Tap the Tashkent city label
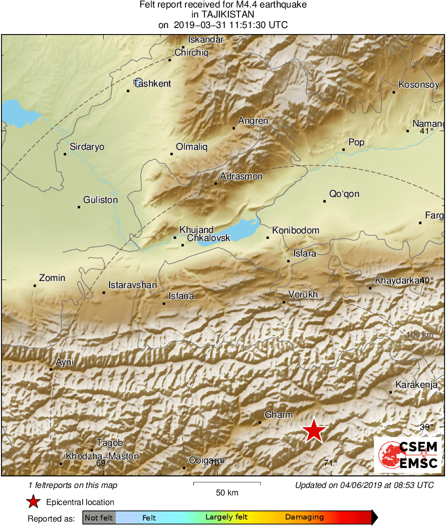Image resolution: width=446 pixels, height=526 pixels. click(x=152, y=84)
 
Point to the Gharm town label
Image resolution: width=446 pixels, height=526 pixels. click(x=278, y=415)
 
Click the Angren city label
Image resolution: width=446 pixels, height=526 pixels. click(x=253, y=121)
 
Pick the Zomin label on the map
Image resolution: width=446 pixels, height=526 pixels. click(x=52, y=278)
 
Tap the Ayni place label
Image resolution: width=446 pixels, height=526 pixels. click(x=65, y=362)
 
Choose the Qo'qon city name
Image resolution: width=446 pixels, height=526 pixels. click(x=344, y=194)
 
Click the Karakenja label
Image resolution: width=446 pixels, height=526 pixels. click(x=416, y=385)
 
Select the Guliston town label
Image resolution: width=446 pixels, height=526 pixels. click(x=100, y=200)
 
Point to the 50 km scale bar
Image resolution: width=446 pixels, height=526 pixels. click(x=227, y=483)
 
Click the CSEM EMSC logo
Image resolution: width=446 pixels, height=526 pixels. click(x=408, y=455)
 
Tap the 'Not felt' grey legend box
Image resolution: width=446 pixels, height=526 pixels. click(x=99, y=517)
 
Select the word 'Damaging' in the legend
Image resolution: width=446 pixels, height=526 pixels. click(x=304, y=517)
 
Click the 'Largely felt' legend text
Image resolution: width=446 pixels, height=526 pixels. click(x=227, y=517)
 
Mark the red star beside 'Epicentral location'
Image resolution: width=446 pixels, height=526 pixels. click(x=33, y=501)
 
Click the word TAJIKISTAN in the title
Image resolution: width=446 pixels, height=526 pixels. click(x=223, y=15)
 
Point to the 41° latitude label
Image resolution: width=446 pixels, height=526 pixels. click(x=426, y=131)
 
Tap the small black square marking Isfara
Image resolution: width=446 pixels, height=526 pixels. click(x=289, y=261)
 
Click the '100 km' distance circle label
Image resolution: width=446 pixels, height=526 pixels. click(x=419, y=335)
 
